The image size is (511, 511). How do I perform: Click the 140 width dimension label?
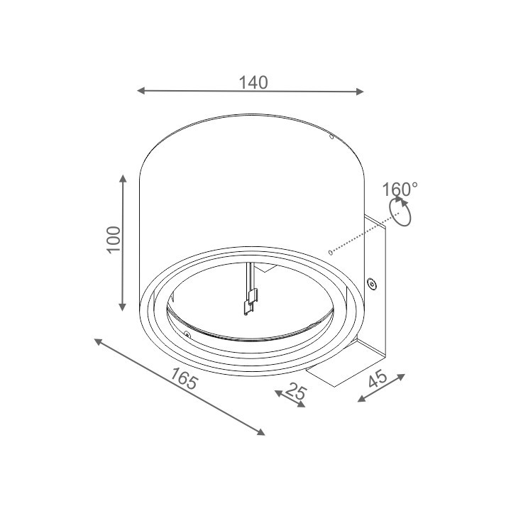pyautogui.click(x=253, y=82)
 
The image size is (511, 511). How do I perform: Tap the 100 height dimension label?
pyautogui.click(x=113, y=242)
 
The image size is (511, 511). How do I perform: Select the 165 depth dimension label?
pyautogui.click(x=184, y=381)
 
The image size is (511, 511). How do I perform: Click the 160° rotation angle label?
pyautogui.click(x=400, y=189)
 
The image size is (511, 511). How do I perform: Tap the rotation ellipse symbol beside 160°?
pyautogui.click(x=401, y=212)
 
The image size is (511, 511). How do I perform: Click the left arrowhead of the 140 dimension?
pyautogui.click(x=141, y=91)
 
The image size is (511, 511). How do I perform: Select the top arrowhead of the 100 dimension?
pyautogui.click(x=123, y=180)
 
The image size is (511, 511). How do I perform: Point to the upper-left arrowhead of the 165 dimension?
pyautogui.click(x=97, y=341)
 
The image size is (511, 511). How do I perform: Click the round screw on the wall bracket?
pyautogui.click(x=370, y=284)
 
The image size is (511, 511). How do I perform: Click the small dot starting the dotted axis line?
pyautogui.click(x=330, y=251)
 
